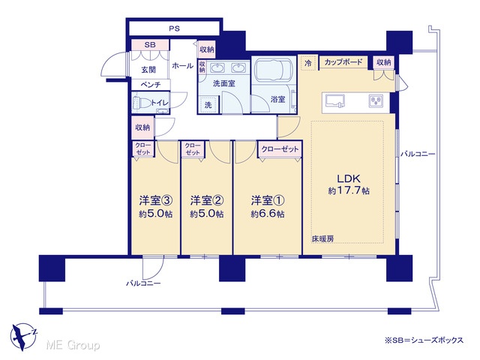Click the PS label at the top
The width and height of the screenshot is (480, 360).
(175, 28)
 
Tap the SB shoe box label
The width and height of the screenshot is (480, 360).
(150, 45)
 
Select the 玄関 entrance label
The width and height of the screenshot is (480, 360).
(148, 70)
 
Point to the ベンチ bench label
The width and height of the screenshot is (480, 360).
(151, 85)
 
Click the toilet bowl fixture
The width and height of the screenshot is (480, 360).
(142, 103)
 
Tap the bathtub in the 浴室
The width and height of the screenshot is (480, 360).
(273, 70)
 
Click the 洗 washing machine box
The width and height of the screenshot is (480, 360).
(208, 105)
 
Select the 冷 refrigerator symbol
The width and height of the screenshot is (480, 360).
(308, 63)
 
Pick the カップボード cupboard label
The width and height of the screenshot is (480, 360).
(343, 62)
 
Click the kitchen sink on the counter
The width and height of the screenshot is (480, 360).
(335, 101)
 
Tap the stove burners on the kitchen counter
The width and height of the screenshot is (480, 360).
(376, 101)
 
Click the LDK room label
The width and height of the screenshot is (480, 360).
(349, 178)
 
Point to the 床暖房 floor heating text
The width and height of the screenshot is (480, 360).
(322, 238)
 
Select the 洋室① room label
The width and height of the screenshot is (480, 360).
(268, 200)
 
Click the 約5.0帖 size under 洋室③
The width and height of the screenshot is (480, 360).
(155, 214)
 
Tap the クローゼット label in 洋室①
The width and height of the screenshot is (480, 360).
(280, 149)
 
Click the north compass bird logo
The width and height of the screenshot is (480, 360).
(23, 336)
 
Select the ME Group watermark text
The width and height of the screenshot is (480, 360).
(73, 346)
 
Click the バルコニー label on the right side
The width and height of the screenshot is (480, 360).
(418, 154)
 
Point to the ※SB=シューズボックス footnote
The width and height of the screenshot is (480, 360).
(424, 340)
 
